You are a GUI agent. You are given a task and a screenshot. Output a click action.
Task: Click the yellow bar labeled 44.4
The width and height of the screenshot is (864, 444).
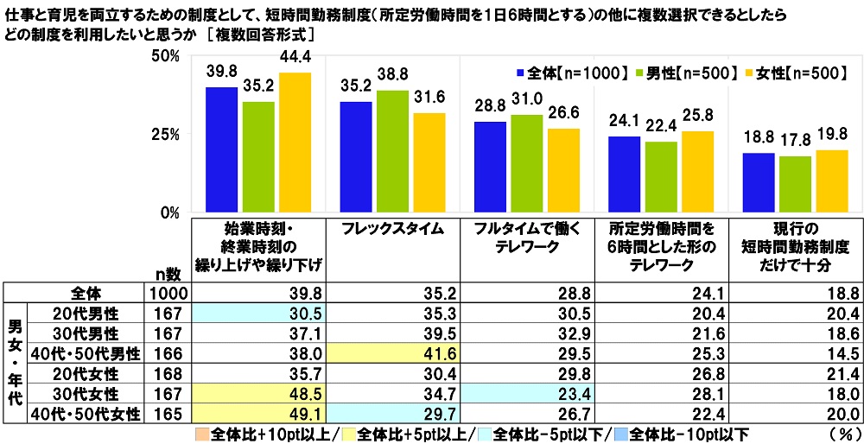[295, 143]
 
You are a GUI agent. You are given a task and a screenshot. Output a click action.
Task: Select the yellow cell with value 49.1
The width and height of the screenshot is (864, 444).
[259, 415]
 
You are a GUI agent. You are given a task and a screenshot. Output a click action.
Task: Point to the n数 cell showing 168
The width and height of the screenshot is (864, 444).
[163, 373]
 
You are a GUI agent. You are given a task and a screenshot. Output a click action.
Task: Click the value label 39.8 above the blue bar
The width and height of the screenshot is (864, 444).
[221, 70]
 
